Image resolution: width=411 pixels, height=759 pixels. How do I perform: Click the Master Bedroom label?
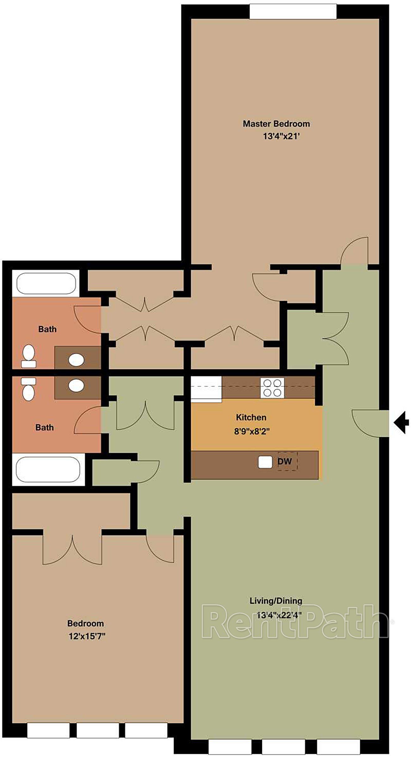tap(276, 124)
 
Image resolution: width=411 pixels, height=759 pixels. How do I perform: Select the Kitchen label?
tap(251, 417)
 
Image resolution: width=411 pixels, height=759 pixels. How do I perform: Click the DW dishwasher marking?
tap(285, 461)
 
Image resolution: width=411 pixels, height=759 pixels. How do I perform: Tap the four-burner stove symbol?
tap(272, 388)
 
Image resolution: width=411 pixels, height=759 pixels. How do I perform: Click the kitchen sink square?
tap(265, 462)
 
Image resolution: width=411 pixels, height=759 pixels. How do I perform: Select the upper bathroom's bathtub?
tap(46, 283)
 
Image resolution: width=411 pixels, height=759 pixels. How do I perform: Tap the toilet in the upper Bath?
tap(29, 356)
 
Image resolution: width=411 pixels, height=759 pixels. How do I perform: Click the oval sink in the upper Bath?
tap(76, 360)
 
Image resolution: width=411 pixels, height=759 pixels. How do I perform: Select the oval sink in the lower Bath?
tap(76, 386)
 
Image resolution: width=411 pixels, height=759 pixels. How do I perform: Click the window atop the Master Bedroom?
tap(293, 11)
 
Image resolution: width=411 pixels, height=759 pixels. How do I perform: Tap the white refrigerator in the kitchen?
tap(206, 389)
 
